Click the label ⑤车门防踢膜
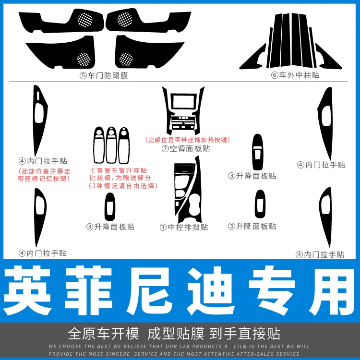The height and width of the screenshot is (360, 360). (104, 75)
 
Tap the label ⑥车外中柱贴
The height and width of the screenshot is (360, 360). (295, 75)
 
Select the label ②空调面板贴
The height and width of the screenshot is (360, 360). (186, 148)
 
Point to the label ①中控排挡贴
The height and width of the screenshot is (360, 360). (184, 227)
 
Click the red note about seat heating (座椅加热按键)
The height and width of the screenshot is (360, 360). (188, 140)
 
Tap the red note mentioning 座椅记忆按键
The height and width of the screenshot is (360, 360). (44, 175)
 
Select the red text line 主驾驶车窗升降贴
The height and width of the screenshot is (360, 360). (118, 170)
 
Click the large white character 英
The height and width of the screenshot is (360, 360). (27, 290)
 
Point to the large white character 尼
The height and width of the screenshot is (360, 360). (150, 290)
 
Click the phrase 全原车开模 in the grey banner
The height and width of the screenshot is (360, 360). (103, 334)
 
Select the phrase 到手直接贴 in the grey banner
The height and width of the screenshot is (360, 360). (245, 334)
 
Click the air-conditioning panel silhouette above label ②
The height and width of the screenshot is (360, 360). (183, 111)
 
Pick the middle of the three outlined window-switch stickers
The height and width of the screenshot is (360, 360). (111, 145)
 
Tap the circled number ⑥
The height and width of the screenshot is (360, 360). (275, 75)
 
